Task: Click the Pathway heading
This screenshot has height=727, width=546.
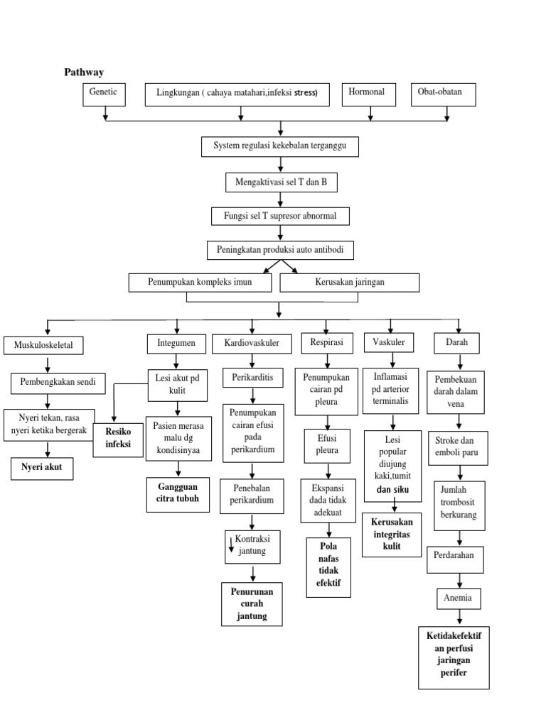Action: [85, 72]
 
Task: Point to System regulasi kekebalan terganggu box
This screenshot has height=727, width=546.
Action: [280, 146]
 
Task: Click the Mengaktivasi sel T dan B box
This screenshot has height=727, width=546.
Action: [281, 182]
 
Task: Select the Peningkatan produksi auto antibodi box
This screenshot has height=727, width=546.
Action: [279, 249]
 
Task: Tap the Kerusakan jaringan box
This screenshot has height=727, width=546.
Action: [349, 283]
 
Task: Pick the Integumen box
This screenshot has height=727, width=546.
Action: [177, 343]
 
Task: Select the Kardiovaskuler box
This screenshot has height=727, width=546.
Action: [252, 344]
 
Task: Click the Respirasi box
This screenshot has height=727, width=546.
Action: [326, 343]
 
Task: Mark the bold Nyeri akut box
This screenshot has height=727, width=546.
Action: [42, 469]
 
